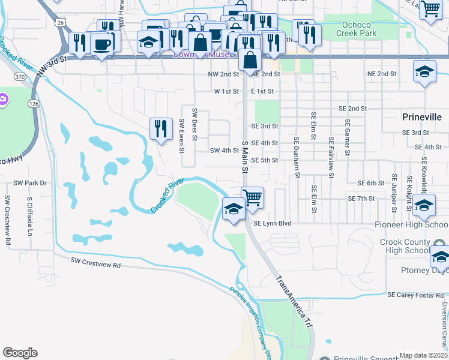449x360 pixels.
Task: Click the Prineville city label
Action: tap(421, 116)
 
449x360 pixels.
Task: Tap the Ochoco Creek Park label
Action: tap(351, 29)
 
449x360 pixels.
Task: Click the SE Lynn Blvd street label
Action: tap(272, 223)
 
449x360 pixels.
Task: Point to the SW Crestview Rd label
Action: tap(95, 263)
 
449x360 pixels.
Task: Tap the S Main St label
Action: tap(245, 154)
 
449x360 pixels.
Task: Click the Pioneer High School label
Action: tap(411, 224)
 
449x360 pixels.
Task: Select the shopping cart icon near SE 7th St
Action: tap(252, 197)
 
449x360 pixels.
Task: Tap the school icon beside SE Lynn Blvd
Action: tap(234, 209)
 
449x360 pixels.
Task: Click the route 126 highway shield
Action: tap(34, 104)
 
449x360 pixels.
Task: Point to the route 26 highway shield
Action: tap(60, 22)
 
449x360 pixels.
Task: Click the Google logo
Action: tap(20, 353)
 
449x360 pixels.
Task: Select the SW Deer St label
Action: tap(194, 124)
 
